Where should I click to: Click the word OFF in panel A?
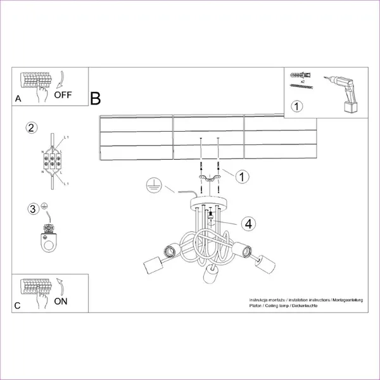click(63, 96)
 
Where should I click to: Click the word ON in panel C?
click(61, 301)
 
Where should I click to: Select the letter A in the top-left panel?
click(18, 99)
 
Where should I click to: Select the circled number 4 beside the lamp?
click(249, 223)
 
